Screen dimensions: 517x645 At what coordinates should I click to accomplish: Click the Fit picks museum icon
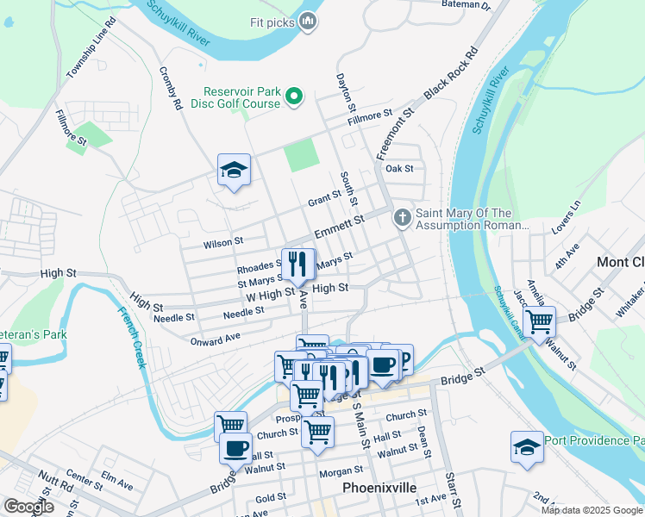click(x=308, y=22)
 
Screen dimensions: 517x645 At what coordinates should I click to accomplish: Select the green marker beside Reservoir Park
click(x=293, y=96)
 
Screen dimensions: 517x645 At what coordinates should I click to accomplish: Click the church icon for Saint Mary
click(x=402, y=217)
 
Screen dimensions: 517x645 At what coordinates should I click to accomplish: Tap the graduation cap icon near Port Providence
click(x=527, y=448)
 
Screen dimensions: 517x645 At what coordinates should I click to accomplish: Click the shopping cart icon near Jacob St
click(x=540, y=324)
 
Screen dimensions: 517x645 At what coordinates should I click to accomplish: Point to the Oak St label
click(x=400, y=169)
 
